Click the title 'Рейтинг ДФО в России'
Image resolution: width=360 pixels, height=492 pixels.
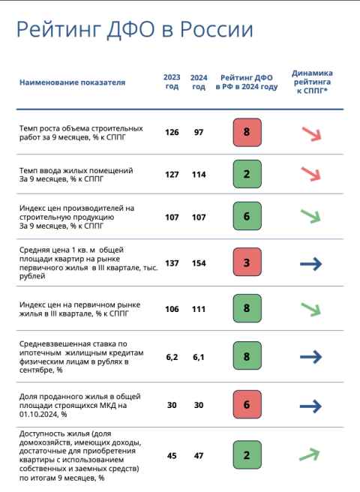coord(135,30)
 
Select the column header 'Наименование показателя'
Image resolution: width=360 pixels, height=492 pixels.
coord(73,82)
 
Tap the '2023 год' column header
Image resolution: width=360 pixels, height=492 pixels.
coord(172,82)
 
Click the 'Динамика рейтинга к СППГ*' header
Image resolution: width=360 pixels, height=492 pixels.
coord(312,82)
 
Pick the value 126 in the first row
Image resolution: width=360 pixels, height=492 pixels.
coord(172,132)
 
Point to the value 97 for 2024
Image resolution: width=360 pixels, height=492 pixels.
coord(199,132)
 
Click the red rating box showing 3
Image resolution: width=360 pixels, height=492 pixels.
coord(247,262)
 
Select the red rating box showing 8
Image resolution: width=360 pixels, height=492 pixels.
coord(247,132)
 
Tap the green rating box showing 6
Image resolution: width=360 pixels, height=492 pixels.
coord(247,216)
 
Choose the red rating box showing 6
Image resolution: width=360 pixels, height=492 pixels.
coord(247,404)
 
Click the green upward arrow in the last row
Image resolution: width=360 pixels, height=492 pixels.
coord(310,454)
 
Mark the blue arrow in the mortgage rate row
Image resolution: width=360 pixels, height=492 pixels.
coord(310,357)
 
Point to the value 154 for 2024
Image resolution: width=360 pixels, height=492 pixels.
coord(199,263)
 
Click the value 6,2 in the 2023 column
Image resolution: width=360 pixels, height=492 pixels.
coord(172,357)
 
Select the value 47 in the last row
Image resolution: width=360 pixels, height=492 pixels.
coord(199,455)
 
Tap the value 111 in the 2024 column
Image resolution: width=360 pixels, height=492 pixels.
coord(199,309)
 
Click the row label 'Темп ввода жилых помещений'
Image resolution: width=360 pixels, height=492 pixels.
coord(76,170)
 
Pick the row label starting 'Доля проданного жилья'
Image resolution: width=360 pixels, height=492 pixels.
coord(80,405)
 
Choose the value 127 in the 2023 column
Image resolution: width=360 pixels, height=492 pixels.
coord(172,175)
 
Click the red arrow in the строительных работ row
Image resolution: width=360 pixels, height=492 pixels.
coord(311,134)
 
